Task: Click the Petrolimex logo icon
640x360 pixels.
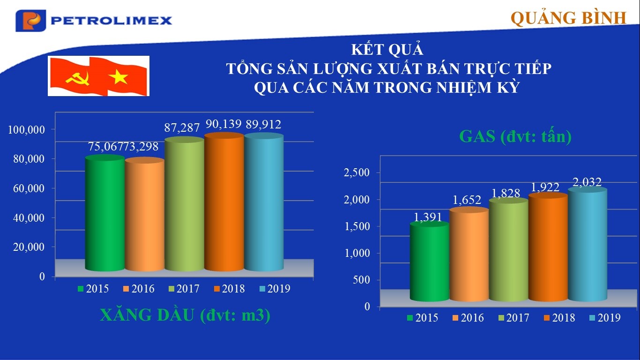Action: point(30,21)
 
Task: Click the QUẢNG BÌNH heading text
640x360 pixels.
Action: point(568,18)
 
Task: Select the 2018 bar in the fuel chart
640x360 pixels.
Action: point(224,202)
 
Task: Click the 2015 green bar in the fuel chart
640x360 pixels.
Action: point(105,213)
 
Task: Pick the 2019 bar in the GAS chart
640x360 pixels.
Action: point(588,244)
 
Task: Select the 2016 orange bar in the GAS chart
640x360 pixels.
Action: point(469,254)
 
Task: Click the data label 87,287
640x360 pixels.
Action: point(182,127)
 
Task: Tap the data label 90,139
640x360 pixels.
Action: point(223,124)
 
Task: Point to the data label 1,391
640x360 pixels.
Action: point(428,217)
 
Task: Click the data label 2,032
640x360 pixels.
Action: point(587,182)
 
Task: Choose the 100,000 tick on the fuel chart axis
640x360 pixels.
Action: point(27,129)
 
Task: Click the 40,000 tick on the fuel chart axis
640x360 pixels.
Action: point(29,217)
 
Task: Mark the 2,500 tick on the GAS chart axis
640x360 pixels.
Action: point(357,172)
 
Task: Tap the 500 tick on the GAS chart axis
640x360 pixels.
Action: point(361,280)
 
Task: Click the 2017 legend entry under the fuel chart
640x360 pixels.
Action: point(184,289)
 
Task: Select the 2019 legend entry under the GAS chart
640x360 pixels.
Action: point(605,318)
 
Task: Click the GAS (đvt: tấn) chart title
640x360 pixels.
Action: point(515,136)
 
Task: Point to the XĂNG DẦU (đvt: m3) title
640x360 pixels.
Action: point(185,315)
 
